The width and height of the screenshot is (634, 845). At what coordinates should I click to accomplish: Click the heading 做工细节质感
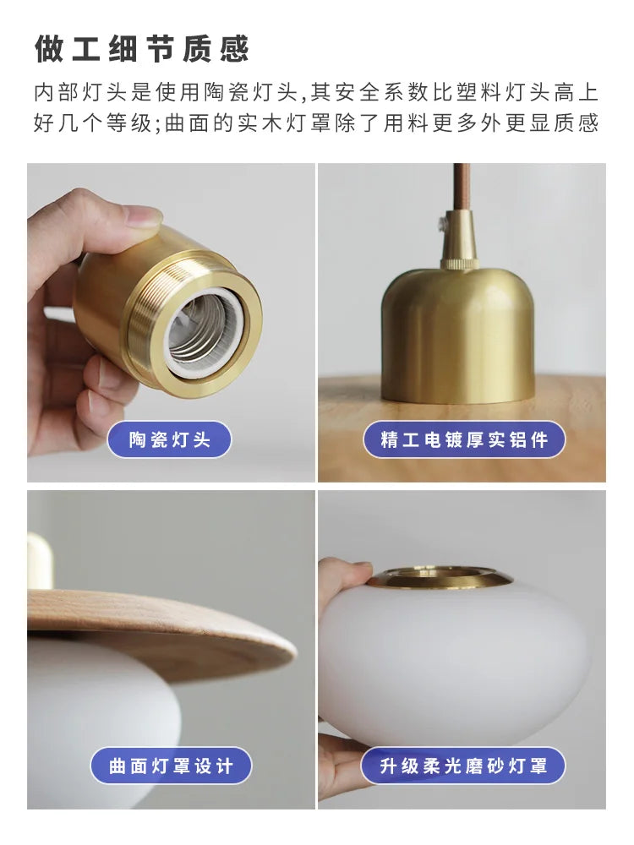point(142,49)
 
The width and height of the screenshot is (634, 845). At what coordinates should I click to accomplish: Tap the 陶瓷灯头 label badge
point(169,439)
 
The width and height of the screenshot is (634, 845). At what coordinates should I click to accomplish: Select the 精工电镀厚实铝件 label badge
point(464,439)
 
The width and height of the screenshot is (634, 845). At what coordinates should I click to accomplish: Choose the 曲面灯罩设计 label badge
point(171,766)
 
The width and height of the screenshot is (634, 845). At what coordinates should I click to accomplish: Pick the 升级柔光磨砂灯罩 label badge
point(463,766)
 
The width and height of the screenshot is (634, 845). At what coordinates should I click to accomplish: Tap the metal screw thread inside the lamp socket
point(199,330)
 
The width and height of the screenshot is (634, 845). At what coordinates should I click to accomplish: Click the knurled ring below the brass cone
point(460,264)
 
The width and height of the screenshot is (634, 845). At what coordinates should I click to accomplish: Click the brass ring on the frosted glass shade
point(440,578)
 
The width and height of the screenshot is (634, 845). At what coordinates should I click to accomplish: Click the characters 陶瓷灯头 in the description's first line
point(251,92)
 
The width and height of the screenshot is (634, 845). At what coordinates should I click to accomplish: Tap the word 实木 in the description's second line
point(260,123)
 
